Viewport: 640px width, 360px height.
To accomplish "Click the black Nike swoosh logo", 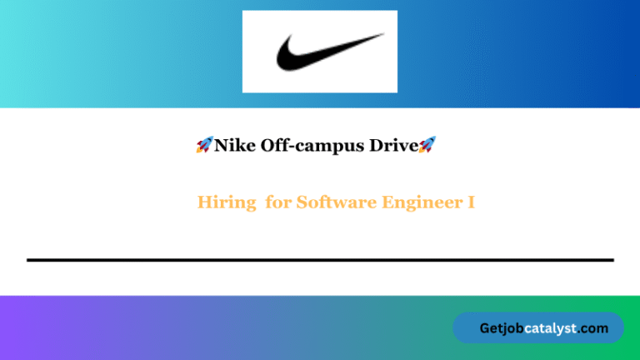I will coord(329,52).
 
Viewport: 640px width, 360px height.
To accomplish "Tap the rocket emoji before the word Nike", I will coord(204,146).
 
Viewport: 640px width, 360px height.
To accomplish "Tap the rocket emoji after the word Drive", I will coord(427,146).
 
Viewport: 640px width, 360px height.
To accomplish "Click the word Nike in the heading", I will coord(232,146).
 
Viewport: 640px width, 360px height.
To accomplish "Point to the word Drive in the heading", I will coord(396,146).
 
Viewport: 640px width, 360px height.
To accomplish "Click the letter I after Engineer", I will coord(472,202).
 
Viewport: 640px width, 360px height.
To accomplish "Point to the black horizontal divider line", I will coord(320,260).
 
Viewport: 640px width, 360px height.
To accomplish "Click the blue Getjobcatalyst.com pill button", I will coord(537,328).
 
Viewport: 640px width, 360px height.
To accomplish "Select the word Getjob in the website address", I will coord(502,328).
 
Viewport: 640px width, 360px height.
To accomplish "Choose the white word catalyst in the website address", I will coord(552,328).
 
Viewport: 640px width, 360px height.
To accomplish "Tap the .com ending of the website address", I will coord(593,328).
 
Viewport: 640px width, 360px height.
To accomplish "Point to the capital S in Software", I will coord(302,202).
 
